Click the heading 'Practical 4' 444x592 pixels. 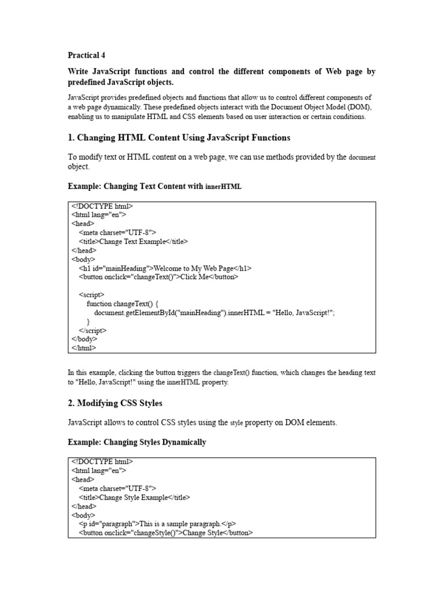[87, 55]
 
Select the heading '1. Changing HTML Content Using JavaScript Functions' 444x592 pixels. [179, 138]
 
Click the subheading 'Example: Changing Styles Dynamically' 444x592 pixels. [137, 442]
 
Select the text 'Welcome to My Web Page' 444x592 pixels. [193, 268]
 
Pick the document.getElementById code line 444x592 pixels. [214, 313]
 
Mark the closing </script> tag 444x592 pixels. [93, 330]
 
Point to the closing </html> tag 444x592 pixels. [84, 348]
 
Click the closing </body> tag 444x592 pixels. [84, 339]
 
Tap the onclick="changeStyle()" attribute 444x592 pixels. [143, 533]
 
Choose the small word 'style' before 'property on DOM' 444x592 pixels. [237, 423]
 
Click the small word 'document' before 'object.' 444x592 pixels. [362, 157]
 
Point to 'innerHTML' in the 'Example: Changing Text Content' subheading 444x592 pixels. [224, 187]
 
